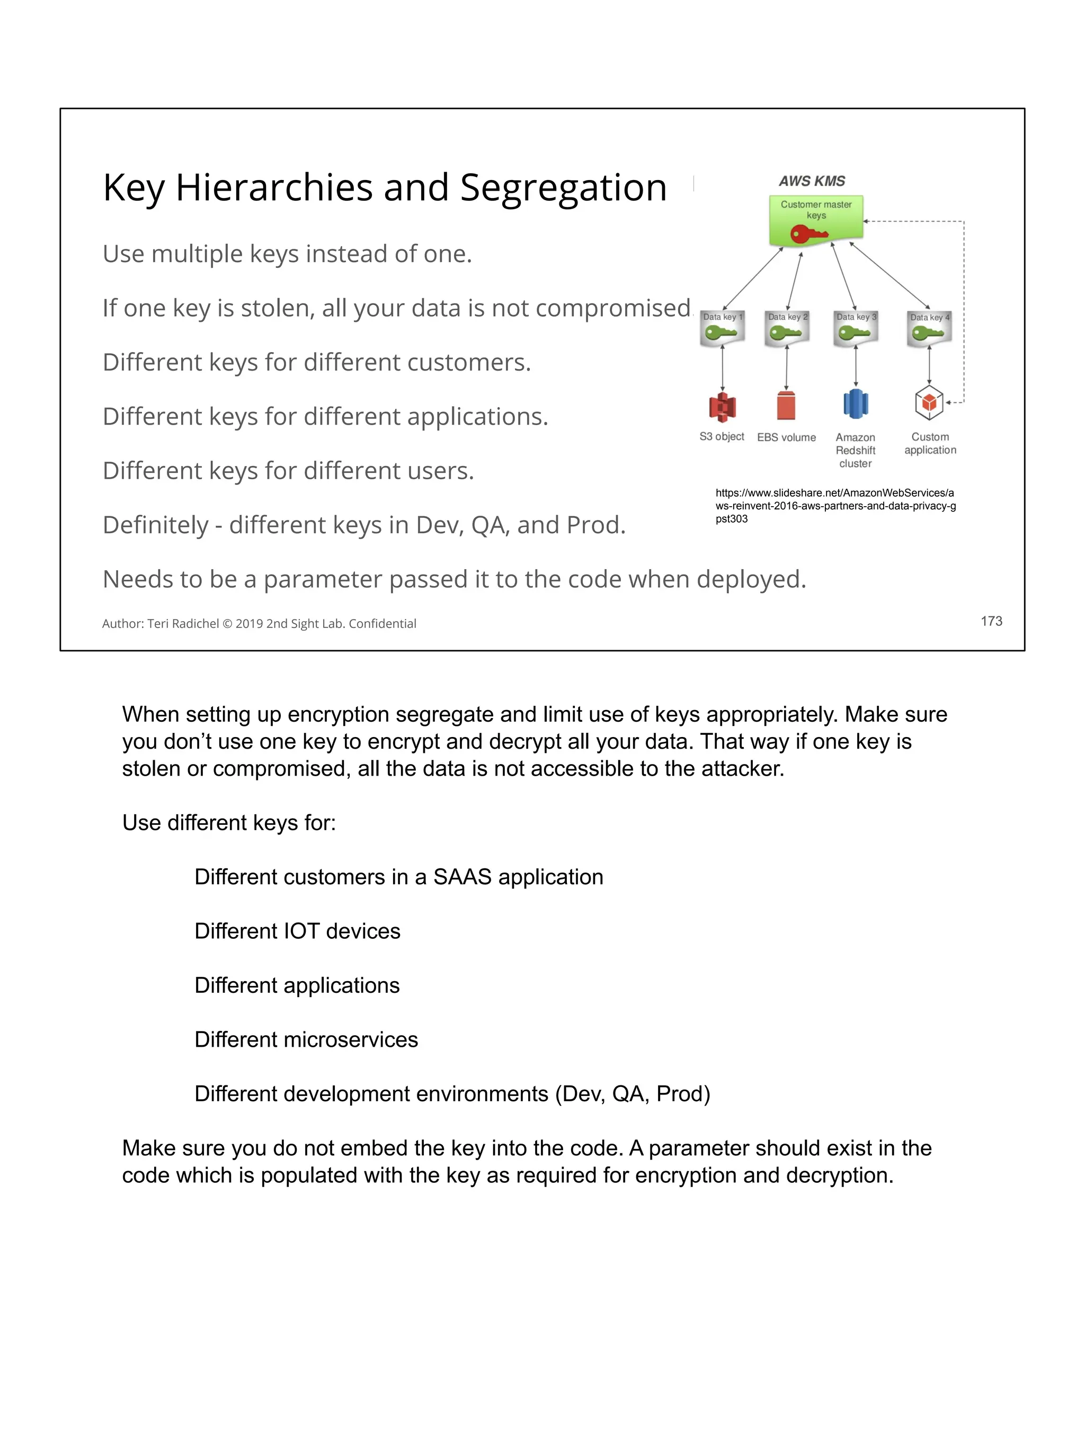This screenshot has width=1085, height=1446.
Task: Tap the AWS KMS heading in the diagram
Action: click(812, 181)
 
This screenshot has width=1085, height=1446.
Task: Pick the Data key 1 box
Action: click(722, 328)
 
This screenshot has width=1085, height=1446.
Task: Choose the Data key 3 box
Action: click(856, 328)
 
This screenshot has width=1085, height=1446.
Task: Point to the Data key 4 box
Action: click(929, 329)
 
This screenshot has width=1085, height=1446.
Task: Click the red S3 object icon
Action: click(722, 407)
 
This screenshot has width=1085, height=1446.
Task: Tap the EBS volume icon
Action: click(786, 405)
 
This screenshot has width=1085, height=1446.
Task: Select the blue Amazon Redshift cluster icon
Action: click(856, 404)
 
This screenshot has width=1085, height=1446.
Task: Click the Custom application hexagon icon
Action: click(929, 403)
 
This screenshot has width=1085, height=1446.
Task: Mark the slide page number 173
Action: click(991, 621)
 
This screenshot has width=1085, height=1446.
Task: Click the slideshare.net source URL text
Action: click(835, 505)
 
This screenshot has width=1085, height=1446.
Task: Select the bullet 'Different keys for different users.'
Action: click(288, 471)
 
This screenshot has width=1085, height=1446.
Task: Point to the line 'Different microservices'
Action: click(306, 1039)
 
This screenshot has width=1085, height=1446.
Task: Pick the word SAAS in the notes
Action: click(462, 877)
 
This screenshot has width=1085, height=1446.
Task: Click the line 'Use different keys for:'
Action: click(229, 822)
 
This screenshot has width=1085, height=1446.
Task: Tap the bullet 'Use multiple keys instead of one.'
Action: click(287, 254)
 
